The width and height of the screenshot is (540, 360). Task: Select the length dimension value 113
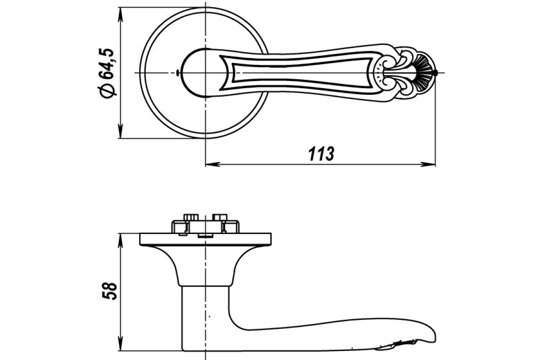[x=321, y=153]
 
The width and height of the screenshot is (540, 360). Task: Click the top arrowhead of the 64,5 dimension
[x=121, y=14]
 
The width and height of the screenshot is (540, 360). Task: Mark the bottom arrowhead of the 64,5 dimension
[x=121, y=131]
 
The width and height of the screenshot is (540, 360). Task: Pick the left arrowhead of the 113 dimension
[x=212, y=164]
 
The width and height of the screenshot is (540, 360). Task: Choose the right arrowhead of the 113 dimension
[x=428, y=164]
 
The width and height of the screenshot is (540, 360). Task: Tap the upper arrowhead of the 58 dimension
[x=121, y=240]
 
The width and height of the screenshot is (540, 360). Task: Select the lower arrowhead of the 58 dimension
[x=121, y=344]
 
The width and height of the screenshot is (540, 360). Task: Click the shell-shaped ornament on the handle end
[x=425, y=72]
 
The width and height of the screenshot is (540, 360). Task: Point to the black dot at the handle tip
[x=435, y=72]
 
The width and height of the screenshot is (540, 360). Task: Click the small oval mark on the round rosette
[x=178, y=72]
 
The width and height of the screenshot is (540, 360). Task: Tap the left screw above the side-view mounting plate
[x=191, y=217]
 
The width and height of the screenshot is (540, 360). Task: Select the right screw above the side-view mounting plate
[x=220, y=217]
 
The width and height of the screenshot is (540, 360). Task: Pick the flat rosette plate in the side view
[x=205, y=239]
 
